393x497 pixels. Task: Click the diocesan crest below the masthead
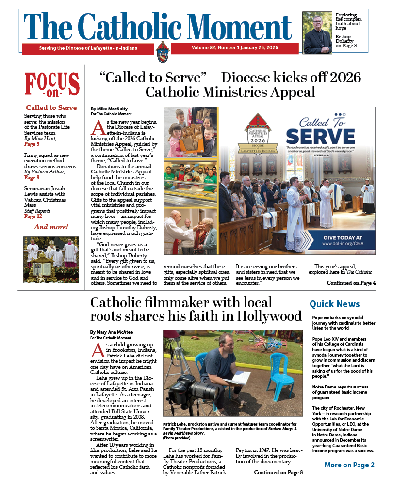[x=162, y=51]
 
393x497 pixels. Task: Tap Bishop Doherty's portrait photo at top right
[x=317, y=33]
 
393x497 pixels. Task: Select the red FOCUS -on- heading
[x=52, y=85]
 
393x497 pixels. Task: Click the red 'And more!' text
[x=51, y=227]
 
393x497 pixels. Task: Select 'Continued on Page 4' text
[x=351, y=283]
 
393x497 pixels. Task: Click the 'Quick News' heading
[x=335, y=304]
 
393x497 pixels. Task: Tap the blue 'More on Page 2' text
[x=349, y=465]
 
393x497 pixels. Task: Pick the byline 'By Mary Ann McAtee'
[x=113, y=332]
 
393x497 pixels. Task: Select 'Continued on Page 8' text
[x=278, y=472]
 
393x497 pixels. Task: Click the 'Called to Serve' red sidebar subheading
[x=51, y=108]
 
